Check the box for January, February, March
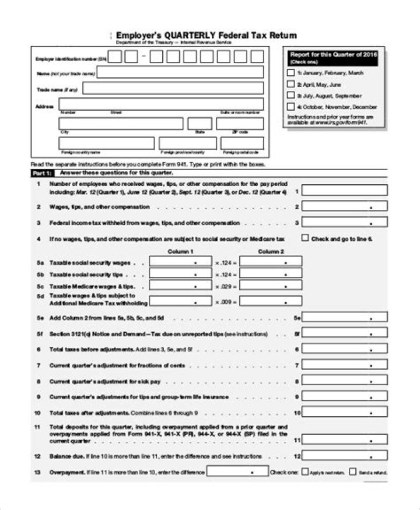pos(291,73)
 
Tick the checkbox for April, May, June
pos(291,85)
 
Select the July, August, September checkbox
pos(291,96)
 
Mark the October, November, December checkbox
pos(291,107)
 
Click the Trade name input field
pos(173,89)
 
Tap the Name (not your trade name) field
pos(180,73)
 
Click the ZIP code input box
pos(240,124)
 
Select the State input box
pos(199,124)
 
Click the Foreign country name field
pos(106,143)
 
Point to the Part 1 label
pos(41,173)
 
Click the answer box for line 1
pos(345,190)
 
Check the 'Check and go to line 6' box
pos(305,238)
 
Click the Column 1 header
pos(180,251)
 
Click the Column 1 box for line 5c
pos(180,287)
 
